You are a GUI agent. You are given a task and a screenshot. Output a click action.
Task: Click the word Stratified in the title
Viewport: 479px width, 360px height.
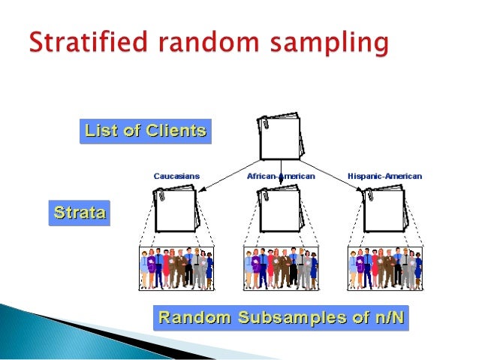coord(83,44)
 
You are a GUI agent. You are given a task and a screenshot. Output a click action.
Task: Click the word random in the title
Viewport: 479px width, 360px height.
coord(209,44)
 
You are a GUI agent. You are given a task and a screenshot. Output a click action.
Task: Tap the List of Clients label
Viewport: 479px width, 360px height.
coord(145,132)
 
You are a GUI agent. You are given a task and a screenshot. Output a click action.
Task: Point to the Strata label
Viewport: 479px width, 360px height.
coord(78,213)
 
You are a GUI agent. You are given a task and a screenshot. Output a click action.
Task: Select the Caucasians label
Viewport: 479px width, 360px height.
coord(176,176)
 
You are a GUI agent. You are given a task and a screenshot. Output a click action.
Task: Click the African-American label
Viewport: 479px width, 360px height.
coord(281,176)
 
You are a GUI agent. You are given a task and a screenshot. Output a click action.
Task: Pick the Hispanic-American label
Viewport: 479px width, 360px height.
coord(384,176)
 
